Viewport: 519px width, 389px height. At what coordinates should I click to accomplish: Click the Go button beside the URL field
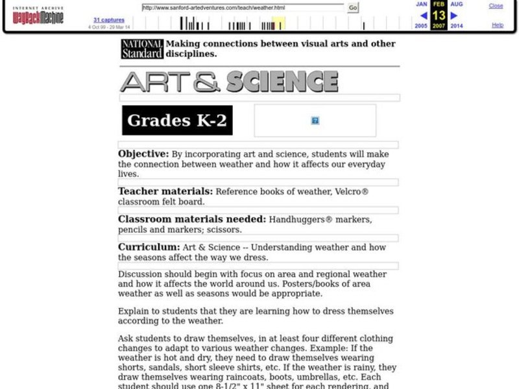click(x=353, y=8)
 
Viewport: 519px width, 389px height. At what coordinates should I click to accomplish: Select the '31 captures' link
click(x=108, y=20)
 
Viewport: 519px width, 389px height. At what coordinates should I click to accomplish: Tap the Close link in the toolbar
click(x=496, y=6)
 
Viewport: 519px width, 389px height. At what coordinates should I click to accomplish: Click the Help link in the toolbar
click(x=498, y=25)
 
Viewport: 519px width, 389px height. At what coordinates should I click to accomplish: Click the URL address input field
click(x=243, y=8)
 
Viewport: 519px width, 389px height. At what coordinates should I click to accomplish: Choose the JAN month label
click(x=422, y=4)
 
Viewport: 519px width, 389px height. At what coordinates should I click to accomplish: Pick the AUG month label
click(x=457, y=4)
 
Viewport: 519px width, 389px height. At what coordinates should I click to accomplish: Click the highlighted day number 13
click(x=439, y=15)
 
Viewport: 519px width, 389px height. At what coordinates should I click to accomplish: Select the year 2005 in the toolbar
click(x=422, y=26)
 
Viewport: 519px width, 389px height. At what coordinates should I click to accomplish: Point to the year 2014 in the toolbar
click(x=457, y=26)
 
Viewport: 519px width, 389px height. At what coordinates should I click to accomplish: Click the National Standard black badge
click(x=142, y=49)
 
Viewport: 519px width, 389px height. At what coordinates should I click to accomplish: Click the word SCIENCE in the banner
click(x=282, y=82)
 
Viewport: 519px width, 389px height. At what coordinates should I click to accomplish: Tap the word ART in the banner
click(x=160, y=82)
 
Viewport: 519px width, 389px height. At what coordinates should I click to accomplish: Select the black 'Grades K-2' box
click(x=177, y=120)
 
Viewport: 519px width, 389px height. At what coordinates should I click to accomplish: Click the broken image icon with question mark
click(x=315, y=121)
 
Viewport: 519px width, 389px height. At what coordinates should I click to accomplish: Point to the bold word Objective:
click(x=143, y=154)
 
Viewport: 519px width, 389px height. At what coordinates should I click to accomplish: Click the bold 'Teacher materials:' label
click(x=165, y=191)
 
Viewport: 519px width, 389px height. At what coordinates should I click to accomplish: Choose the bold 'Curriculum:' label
click(x=149, y=247)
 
